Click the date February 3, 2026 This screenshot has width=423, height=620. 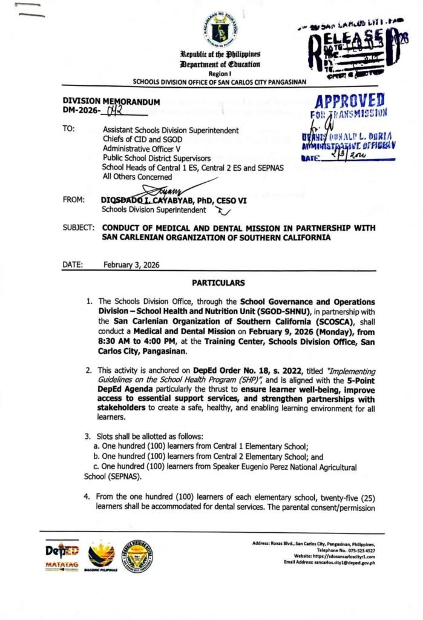(132, 264)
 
